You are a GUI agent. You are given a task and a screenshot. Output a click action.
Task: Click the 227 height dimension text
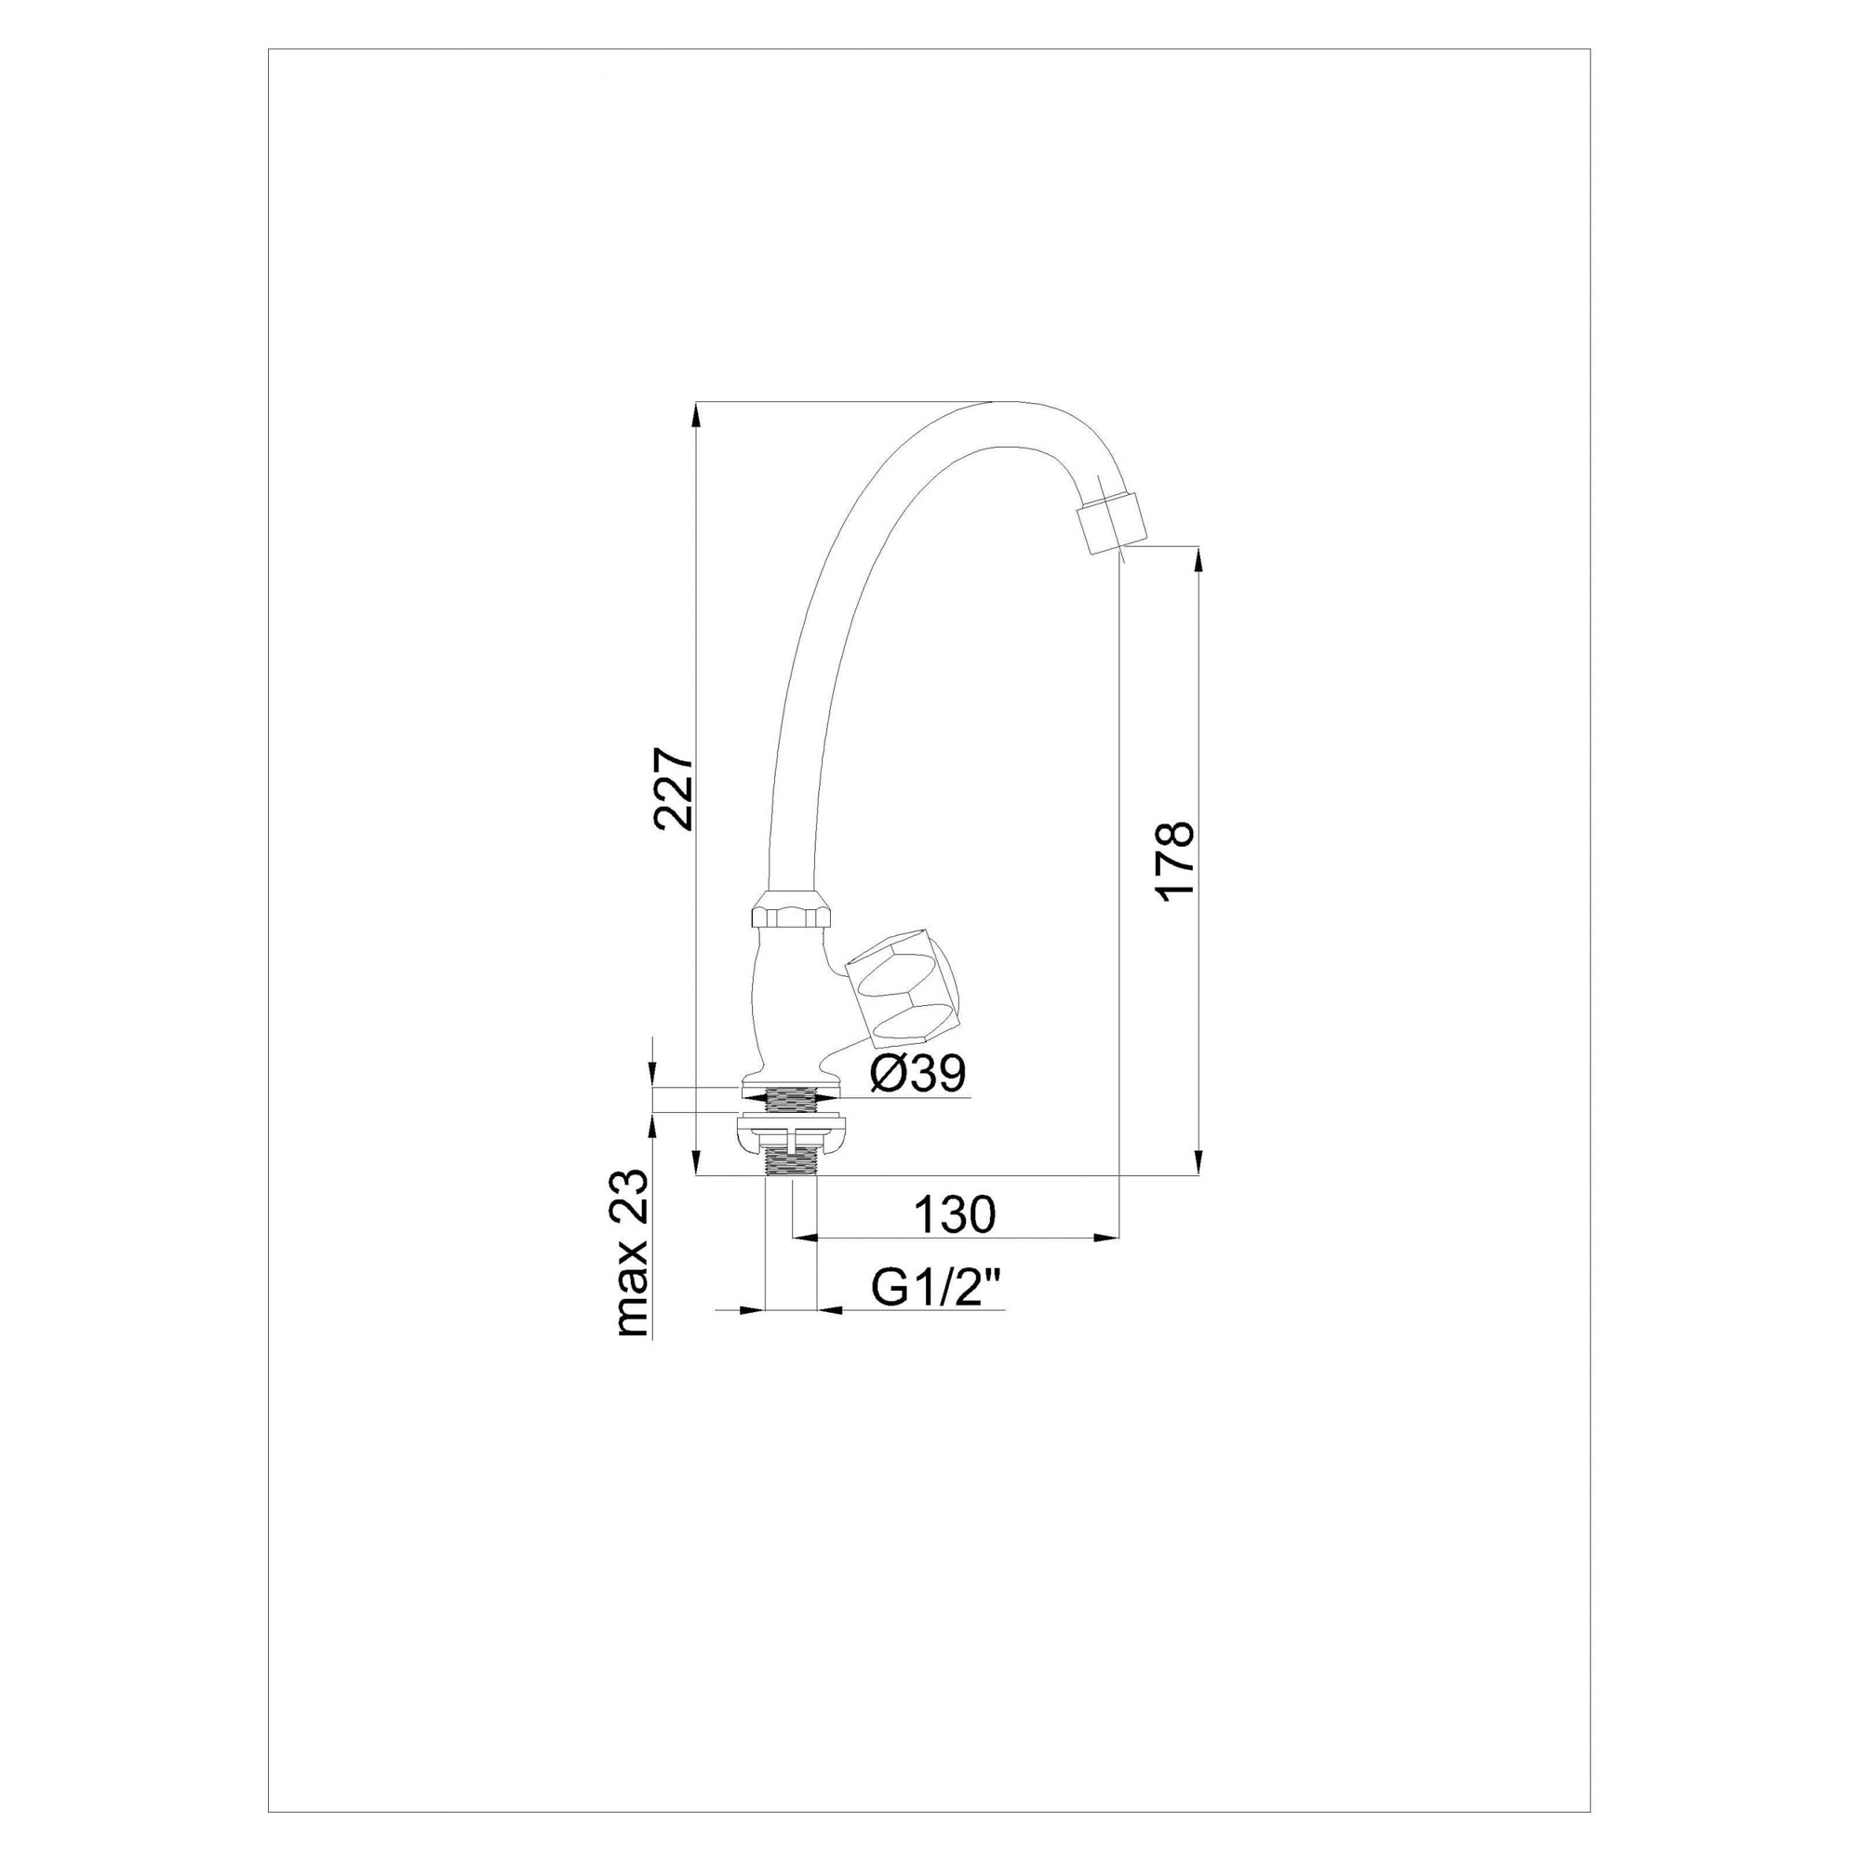(x=674, y=788)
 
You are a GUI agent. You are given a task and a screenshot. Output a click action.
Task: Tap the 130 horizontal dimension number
(x=954, y=1214)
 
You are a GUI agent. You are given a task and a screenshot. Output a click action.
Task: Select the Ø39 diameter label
(x=917, y=1073)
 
